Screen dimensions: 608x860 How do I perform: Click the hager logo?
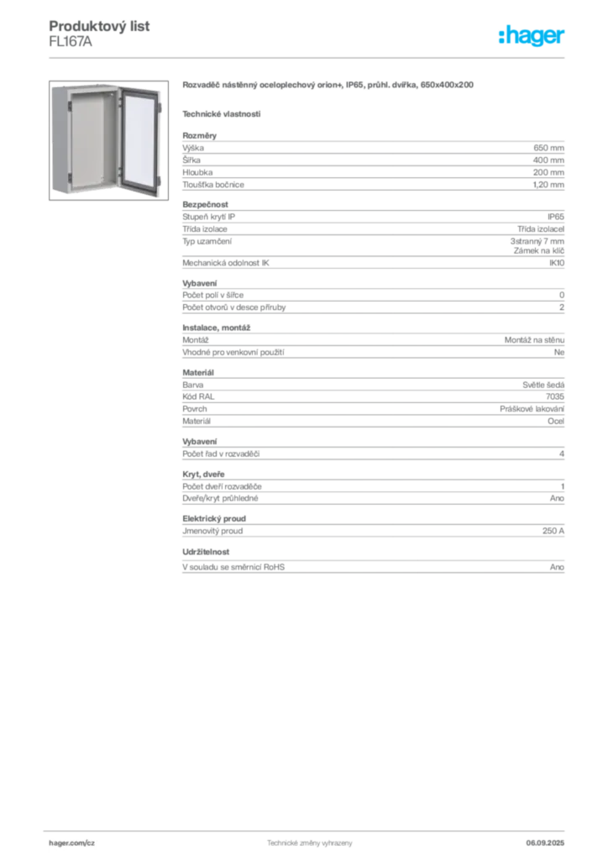tap(531, 36)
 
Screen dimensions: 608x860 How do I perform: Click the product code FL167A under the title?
tap(71, 42)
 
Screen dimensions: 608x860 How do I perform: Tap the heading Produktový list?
tap(99, 26)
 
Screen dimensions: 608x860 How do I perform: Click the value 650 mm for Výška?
tap(548, 148)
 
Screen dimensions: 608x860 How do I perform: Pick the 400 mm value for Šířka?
tap(548, 160)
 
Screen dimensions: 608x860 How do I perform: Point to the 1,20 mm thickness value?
tap(548, 185)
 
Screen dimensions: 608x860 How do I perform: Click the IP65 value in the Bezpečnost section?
tap(555, 217)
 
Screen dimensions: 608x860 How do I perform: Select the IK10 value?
tap(557, 263)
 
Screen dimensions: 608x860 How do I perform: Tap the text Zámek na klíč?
tap(539, 250)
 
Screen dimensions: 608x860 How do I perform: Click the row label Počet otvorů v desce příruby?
tap(234, 307)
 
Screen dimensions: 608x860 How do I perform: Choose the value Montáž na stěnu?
tap(534, 340)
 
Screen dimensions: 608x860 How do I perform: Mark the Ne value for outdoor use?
tap(558, 352)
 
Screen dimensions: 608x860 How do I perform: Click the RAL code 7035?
tap(555, 396)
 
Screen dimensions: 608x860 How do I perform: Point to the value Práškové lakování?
tap(532, 409)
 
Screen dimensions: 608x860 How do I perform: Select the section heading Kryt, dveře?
tap(203, 475)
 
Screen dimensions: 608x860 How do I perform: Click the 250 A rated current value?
tap(553, 531)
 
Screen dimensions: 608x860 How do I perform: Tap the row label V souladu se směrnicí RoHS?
tap(233, 567)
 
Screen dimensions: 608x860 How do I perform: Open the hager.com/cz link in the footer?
tap(72, 843)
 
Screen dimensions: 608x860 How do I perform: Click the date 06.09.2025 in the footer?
tap(545, 843)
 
